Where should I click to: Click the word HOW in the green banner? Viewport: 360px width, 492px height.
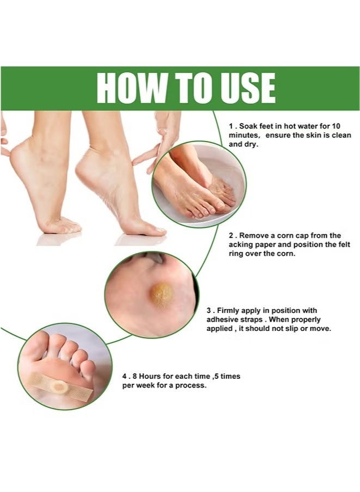(129, 88)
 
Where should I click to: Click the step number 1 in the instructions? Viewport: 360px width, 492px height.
(231, 125)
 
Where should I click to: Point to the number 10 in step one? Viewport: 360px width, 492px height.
(346, 125)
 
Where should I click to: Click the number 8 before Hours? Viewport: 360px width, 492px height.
(133, 376)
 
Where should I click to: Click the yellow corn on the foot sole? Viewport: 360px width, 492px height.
(162, 294)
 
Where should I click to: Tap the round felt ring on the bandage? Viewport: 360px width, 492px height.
(60, 387)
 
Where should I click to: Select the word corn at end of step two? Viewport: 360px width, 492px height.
(311, 254)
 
